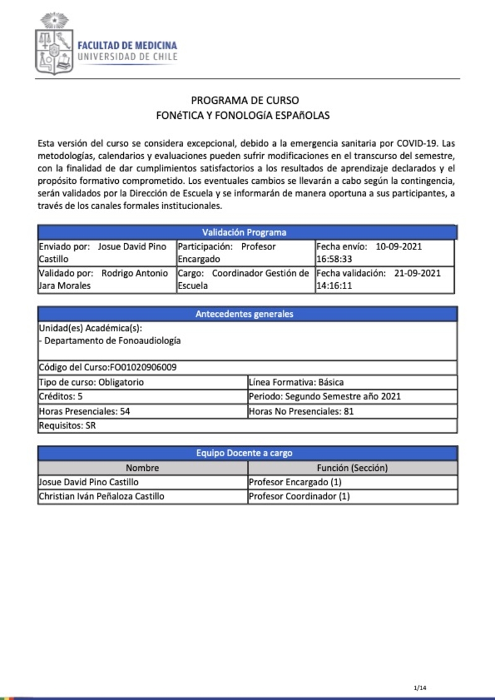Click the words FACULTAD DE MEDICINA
click(127, 45)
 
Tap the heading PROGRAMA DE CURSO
click(245, 100)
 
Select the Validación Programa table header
click(244, 233)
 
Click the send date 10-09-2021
click(398, 246)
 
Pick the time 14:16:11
click(335, 286)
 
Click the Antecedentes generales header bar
click(244, 314)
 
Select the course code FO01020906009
click(143, 367)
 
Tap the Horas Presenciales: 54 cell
click(84, 411)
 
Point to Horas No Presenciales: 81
click(301, 411)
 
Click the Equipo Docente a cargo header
click(244, 453)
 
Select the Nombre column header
click(142, 468)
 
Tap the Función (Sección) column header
click(352, 468)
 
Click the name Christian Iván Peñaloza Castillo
click(101, 496)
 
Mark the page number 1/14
click(420, 688)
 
